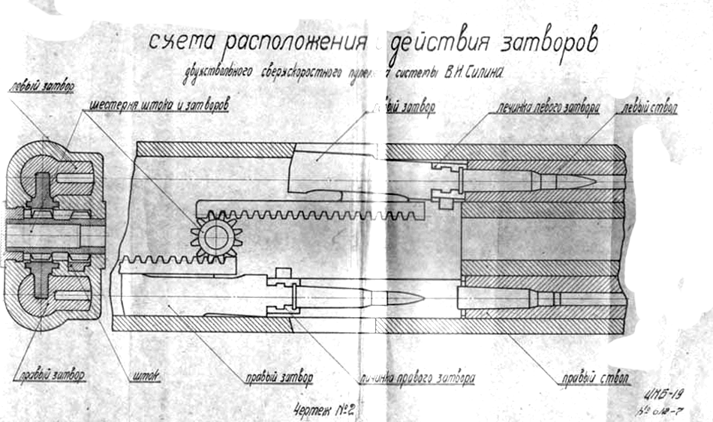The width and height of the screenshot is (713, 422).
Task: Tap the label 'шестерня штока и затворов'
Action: coord(158,105)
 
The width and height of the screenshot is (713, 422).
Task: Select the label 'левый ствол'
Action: coord(650,108)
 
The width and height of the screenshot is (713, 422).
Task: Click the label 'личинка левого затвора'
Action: coord(546,107)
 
